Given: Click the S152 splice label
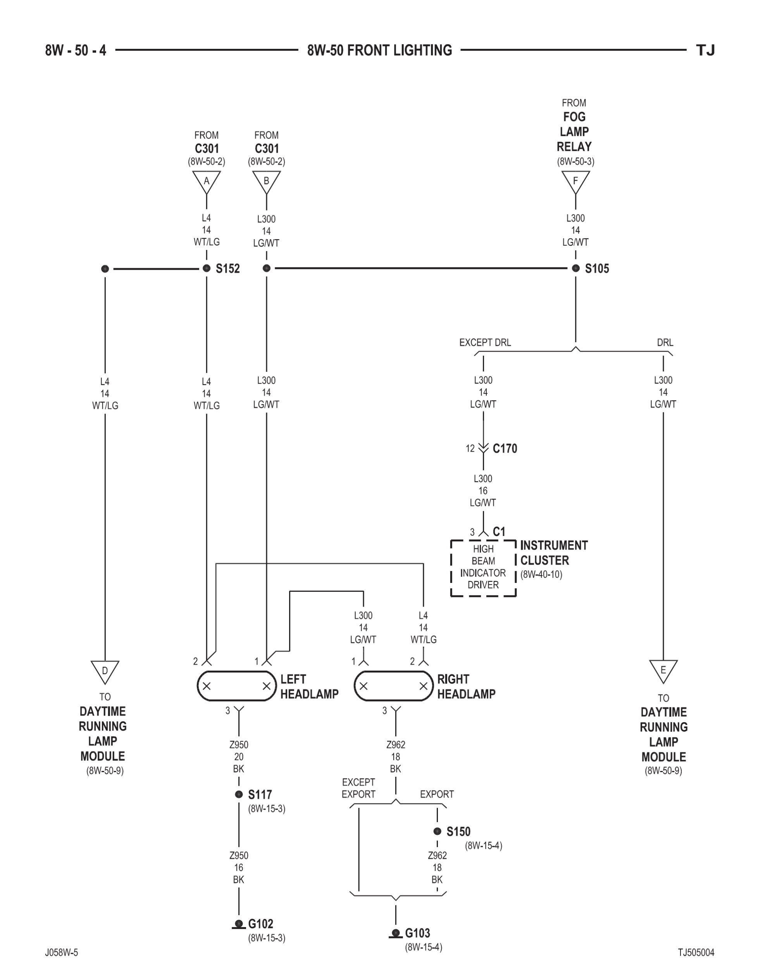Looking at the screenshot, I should [x=227, y=269].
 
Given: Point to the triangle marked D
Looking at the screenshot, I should [x=105, y=671].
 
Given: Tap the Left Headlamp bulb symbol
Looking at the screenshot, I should [x=236, y=686].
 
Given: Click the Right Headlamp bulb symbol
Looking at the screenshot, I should [x=393, y=686].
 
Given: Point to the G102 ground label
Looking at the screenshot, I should [x=260, y=924].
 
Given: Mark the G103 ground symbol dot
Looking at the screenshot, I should [x=396, y=933].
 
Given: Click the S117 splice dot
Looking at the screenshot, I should [x=239, y=794].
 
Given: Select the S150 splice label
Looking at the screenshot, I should [x=458, y=832].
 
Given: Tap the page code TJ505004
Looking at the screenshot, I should [x=696, y=952].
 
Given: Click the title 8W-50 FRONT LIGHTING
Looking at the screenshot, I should [x=379, y=50].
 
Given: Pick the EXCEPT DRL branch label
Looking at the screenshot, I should [x=485, y=342].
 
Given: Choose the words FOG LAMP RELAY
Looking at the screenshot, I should [x=574, y=131].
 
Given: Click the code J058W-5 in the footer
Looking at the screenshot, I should [x=61, y=952].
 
